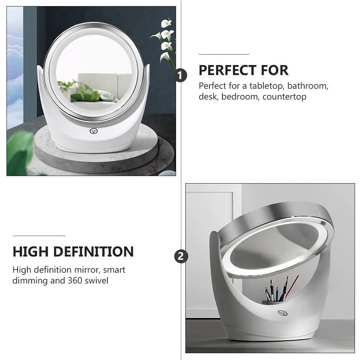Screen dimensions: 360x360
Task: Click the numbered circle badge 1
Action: [x=181, y=76]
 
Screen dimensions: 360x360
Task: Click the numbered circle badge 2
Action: [x=181, y=257]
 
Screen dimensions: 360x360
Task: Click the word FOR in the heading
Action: [x=273, y=70]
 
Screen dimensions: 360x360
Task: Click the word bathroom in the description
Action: [x=308, y=86]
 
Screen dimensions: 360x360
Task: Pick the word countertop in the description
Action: [x=284, y=97]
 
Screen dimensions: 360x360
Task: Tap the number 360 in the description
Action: [x=75, y=281]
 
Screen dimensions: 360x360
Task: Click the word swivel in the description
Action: [x=96, y=281]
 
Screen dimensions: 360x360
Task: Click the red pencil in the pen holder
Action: [x=291, y=287]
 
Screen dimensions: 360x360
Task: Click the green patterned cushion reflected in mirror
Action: [x=107, y=96]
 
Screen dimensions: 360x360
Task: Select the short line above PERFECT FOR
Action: [x=224, y=54]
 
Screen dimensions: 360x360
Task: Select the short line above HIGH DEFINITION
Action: [x=39, y=236]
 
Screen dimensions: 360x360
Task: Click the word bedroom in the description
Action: [x=241, y=97]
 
